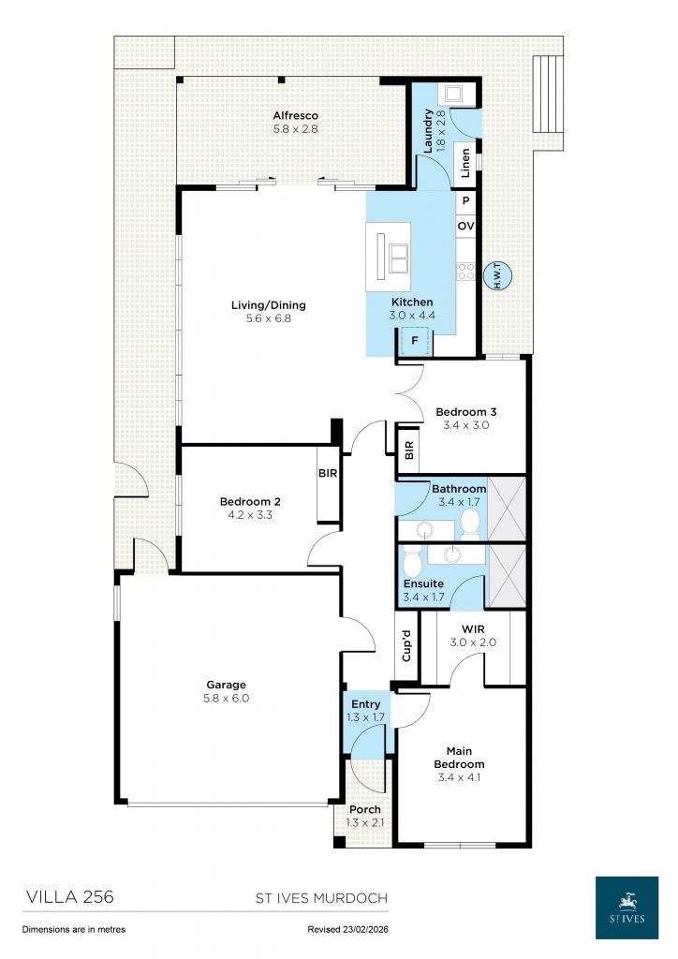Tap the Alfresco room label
coord(296,115)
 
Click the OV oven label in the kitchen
coord(465,227)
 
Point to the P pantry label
coord(465,201)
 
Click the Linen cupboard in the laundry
coord(465,162)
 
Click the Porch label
coord(365,810)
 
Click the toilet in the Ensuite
coord(411,564)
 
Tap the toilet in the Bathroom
coord(469,523)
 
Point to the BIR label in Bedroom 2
coord(327,474)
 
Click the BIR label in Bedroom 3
coord(408,450)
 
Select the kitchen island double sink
coord(399,253)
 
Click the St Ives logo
coord(626,907)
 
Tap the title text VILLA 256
coord(67,897)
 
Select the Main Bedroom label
coord(459,757)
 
